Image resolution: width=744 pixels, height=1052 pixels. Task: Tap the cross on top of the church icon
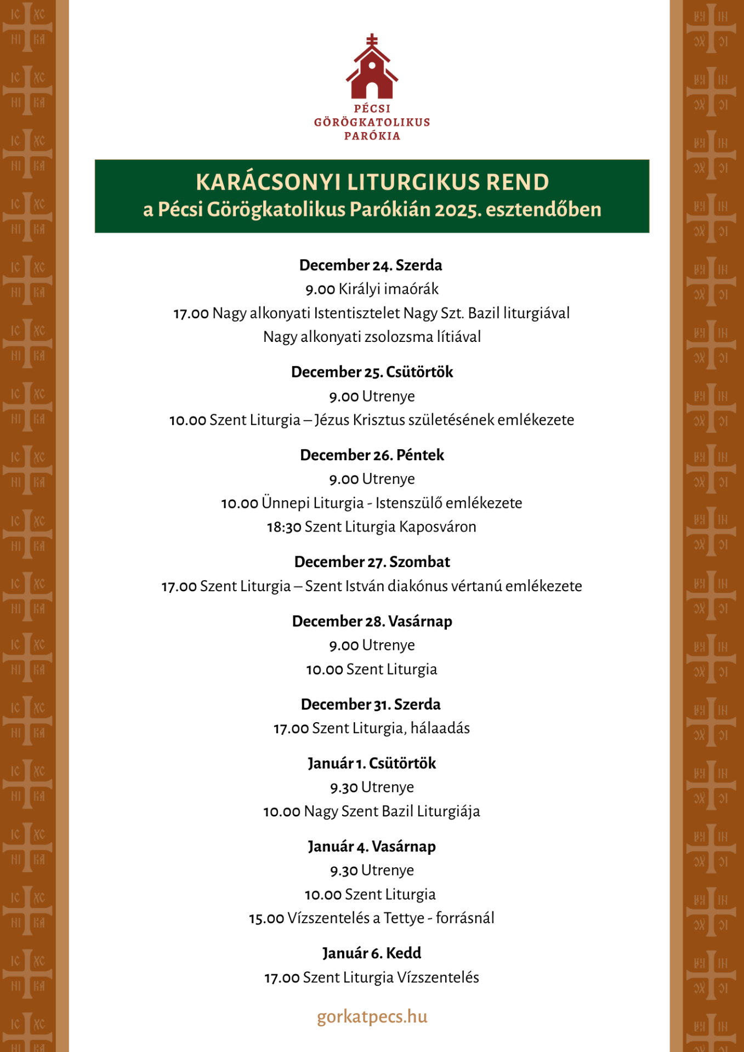click(x=372, y=39)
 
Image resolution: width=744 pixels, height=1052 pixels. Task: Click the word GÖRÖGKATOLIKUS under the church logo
click(x=372, y=122)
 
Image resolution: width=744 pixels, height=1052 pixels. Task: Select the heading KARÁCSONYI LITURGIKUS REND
click(x=372, y=182)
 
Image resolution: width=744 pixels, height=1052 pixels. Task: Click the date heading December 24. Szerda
click(x=371, y=265)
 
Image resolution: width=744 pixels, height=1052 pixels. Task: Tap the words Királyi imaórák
click(x=388, y=289)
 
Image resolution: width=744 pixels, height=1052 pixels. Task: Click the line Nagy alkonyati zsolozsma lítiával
click(x=372, y=337)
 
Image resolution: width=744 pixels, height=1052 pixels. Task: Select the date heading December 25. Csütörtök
click(x=372, y=372)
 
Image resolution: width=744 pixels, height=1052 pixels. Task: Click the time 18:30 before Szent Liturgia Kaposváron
click(x=284, y=527)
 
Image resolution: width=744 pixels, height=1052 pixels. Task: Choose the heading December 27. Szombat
click(x=372, y=562)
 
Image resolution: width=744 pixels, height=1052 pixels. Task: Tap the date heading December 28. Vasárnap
click(x=372, y=621)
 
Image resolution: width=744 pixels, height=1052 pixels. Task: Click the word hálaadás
click(x=440, y=728)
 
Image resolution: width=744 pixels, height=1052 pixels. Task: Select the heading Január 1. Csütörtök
click(x=372, y=763)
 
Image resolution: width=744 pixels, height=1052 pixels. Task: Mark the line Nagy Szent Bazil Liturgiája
click(x=391, y=811)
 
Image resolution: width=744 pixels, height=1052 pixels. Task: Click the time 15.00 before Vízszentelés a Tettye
click(x=266, y=918)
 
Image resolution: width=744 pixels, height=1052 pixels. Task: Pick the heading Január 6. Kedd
click(x=372, y=953)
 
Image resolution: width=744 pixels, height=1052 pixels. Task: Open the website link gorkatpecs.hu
click(x=372, y=1017)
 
